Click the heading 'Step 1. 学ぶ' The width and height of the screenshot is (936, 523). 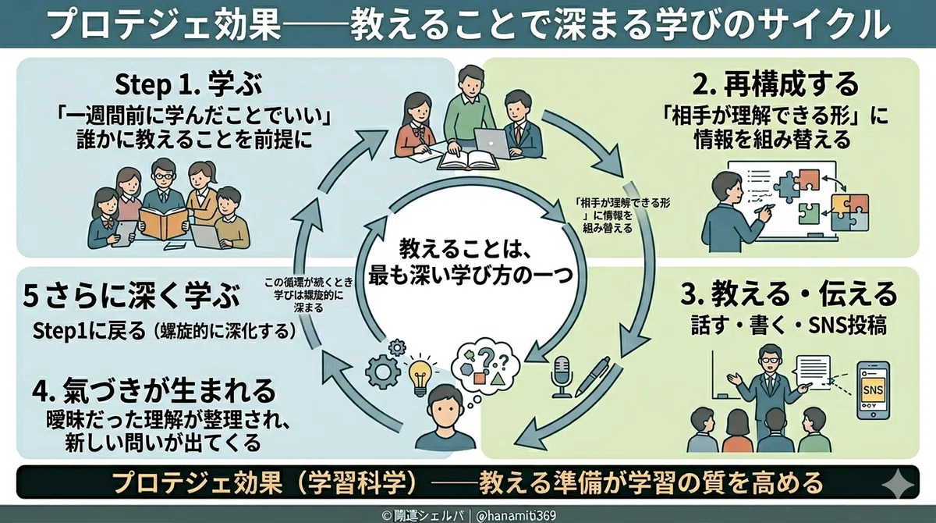pyautogui.click(x=189, y=84)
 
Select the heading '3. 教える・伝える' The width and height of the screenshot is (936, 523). pyautogui.click(x=789, y=294)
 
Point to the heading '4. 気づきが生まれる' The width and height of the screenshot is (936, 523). pyautogui.click(x=154, y=390)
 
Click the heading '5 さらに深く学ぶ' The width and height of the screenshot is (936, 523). pyautogui.click(x=132, y=296)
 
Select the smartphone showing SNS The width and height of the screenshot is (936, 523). pyautogui.click(x=873, y=390)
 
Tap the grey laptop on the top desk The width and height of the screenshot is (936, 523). pyautogui.click(x=493, y=143)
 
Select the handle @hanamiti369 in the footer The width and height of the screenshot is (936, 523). pyautogui.click(x=516, y=516)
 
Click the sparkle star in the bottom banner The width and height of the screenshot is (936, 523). pyautogui.click(x=898, y=483)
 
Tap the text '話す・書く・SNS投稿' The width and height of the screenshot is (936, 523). pyautogui.click(x=789, y=326)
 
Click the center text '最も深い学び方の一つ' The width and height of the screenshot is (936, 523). pyautogui.click(x=470, y=276)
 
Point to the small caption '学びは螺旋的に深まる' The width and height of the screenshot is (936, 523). pyautogui.click(x=309, y=301)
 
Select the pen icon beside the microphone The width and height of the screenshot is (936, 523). pyautogui.click(x=594, y=377)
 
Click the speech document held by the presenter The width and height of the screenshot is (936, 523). pyautogui.click(x=813, y=373)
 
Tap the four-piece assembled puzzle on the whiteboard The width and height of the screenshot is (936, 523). pyautogui.click(x=849, y=212)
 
